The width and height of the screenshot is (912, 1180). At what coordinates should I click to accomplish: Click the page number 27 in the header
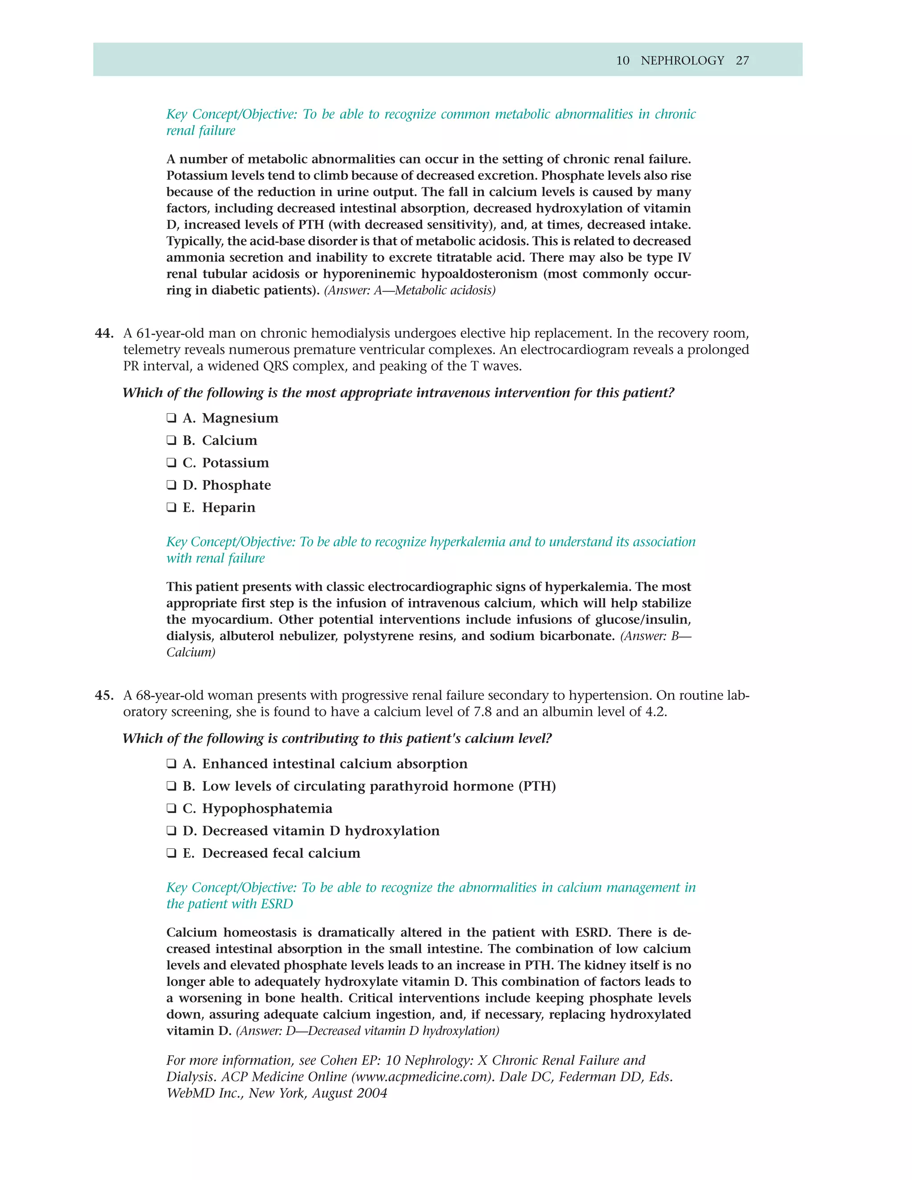tap(742, 61)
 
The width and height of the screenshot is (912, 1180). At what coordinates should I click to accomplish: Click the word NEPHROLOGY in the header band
tap(682, 61)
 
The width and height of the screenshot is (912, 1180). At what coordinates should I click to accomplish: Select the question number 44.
tap(103, 334)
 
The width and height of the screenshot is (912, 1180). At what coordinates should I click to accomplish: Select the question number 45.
tap(103, 696)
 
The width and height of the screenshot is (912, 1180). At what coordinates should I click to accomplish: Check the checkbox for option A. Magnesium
tap(171, 418)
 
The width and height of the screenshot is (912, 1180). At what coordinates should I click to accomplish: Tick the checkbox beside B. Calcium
tap(171, 440)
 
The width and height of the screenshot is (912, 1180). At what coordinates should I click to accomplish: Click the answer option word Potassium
tap(235, 463)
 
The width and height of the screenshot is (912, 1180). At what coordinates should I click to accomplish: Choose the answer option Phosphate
tap(236, 485)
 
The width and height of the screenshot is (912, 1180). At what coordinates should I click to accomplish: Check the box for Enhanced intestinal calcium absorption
tap(171, 764)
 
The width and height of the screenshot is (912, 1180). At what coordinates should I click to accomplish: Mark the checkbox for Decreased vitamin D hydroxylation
tap(171, 831)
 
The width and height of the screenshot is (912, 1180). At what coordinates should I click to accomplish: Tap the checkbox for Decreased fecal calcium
tap(171, 853)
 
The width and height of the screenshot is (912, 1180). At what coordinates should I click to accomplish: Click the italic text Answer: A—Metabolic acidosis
tap(410, 291)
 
